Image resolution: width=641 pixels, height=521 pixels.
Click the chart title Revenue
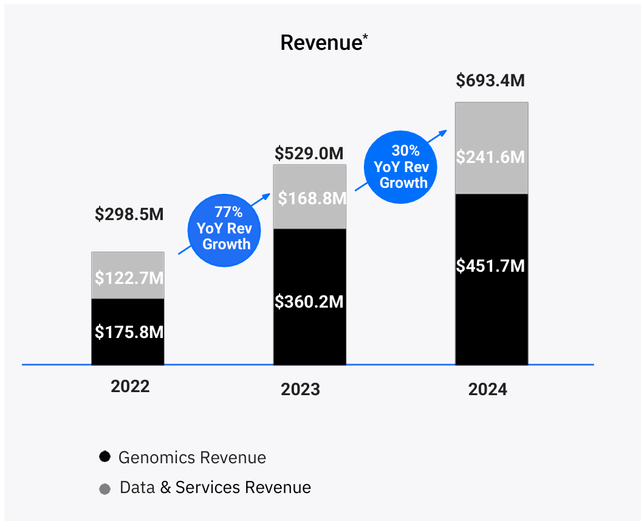321,43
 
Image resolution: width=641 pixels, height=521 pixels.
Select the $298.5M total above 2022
129,214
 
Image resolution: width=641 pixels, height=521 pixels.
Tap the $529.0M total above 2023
309,153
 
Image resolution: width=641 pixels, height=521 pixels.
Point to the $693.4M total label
490,80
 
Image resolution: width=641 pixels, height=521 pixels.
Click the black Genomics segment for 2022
128,332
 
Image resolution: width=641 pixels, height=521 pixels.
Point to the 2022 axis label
130,387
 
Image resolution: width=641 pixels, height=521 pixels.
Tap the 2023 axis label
300,389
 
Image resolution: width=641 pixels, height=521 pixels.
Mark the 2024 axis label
487,389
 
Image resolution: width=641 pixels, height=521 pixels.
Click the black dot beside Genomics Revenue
105,457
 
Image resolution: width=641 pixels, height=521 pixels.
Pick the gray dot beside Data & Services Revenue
105,489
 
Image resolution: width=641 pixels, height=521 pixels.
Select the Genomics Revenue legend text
192,457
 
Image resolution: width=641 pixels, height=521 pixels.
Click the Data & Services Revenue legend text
215,488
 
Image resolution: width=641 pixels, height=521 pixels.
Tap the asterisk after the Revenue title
365,38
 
